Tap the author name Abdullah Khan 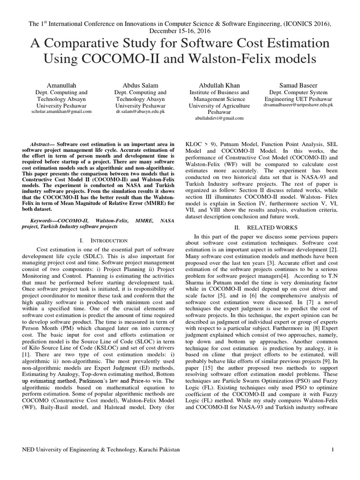[219, 85]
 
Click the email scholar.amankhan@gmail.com [61, 112]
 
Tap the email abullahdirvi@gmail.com [219, 118]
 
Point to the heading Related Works [260, 226]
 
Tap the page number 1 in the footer [332, 450]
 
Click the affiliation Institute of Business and [219, 92]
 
